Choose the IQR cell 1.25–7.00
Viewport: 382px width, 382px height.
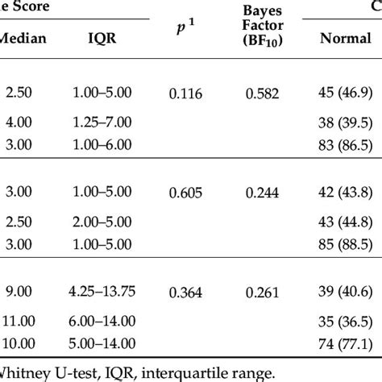[107, 121]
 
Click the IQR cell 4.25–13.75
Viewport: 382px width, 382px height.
[107, 293]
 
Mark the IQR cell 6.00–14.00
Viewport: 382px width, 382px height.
[107, 319]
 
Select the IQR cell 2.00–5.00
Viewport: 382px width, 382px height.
[107, 220]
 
